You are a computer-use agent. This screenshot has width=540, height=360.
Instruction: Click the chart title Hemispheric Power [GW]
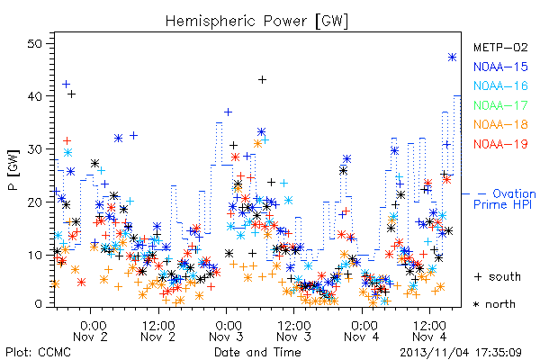tap(256, 22)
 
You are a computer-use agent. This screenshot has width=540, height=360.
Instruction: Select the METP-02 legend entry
tap(500, 47)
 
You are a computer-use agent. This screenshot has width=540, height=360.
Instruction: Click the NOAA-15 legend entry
tap(500, 67)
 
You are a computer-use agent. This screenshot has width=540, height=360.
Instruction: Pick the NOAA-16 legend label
tap(500, 85)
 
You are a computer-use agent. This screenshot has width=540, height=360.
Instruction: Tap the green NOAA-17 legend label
tap(500, 105)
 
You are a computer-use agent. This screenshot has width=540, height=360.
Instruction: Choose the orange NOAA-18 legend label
tap(500, 124)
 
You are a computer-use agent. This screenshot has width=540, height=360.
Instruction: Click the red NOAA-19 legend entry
tap(500, 144)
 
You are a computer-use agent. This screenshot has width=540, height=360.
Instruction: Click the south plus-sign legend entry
tap(498, 276)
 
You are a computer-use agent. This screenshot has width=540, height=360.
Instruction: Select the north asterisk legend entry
tap(494, 304)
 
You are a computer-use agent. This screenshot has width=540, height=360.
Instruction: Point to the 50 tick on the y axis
tap(35, 44)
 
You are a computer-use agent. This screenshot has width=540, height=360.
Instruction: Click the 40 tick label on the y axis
tap(35, 96)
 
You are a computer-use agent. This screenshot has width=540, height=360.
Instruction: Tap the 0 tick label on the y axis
tap(39, 304)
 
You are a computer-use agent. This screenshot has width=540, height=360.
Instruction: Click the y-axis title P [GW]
tap(14, 170)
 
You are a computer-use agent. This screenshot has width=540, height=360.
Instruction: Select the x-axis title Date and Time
tap(257, 352)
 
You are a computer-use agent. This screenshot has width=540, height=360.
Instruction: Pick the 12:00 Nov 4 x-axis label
tap(429, 331)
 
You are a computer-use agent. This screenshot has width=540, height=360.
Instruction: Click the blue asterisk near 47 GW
tap(452, 58)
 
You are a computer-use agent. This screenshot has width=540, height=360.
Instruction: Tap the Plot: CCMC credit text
tap(38, 352)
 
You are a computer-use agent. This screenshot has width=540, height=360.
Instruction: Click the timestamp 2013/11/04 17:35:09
tap(461, 352)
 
